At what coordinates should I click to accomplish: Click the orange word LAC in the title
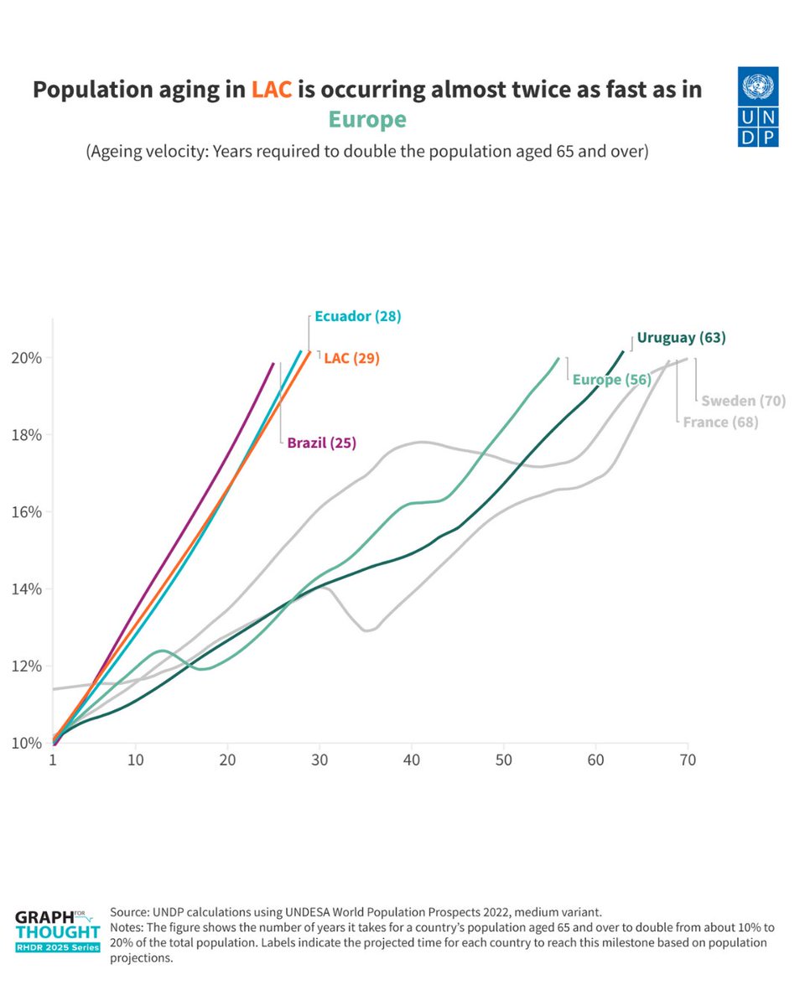[x=272, y=90]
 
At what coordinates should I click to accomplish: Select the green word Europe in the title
[x=367, y=120]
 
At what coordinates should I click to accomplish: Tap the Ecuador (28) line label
[x=358, y=317]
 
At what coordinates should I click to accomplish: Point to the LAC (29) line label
[x=351, y=358]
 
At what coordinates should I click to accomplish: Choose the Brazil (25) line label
[x=321, y=443]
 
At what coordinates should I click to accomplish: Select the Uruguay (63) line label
[x=681, y=338]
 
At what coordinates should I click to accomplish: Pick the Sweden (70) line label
[x=743, y=401]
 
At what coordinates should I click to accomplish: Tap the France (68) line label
[x=720, y=423]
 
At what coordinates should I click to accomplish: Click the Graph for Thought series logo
[x=57, y=929]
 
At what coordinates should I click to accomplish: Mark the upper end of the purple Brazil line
[x=273, y=364]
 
